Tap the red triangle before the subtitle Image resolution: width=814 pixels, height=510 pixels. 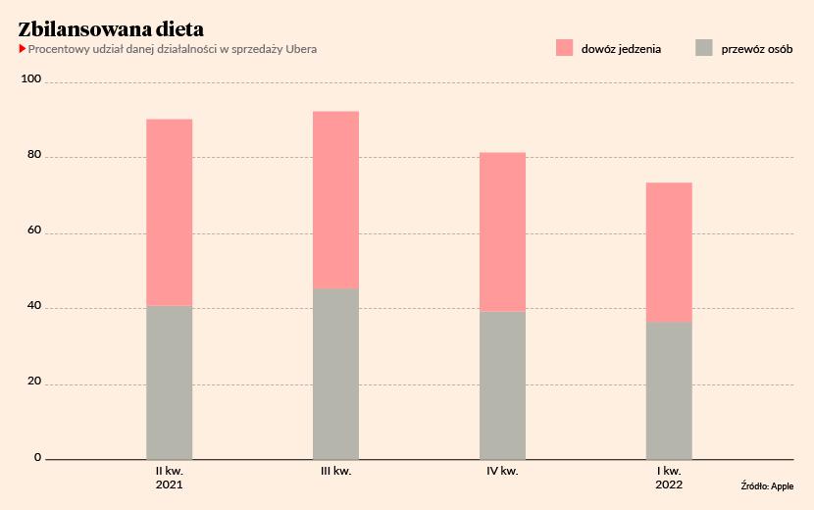(23, 49)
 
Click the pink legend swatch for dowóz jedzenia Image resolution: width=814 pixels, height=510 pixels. (564, 47)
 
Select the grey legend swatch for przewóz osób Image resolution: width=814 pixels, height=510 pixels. (703, 47)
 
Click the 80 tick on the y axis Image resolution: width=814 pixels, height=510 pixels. (35, 155)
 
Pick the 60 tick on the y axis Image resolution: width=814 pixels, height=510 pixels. (35, 230)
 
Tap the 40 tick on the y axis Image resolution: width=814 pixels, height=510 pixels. (35, 306)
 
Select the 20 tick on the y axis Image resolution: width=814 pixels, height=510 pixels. (35, 382)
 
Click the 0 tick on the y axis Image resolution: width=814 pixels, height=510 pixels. (38, 457)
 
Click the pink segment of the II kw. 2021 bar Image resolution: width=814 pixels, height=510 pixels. (169, 212)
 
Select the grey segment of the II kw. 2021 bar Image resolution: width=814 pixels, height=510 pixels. (169, 382)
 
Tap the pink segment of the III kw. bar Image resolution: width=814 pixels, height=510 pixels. (335, 199)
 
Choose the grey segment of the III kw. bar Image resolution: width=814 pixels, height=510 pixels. (335, 374)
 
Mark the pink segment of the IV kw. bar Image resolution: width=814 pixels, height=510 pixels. (502, 231)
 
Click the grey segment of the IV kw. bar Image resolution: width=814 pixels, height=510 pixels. (502, 385)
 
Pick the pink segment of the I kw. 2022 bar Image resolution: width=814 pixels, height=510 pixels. (669, 252)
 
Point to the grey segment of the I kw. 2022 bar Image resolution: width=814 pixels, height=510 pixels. (669, 390)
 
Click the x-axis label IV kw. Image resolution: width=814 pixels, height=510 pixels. (502, 472)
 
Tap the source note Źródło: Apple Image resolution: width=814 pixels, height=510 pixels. (767, 485)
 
